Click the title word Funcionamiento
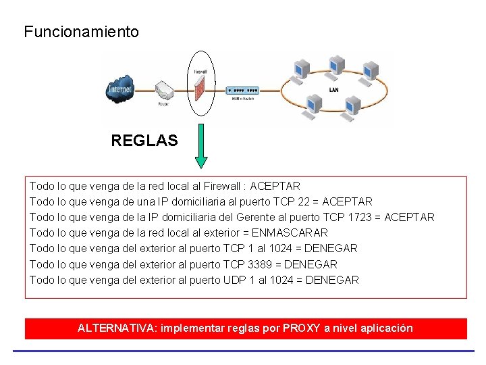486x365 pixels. (x=81, y=32)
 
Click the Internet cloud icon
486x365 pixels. (x=120, y=90)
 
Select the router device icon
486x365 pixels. (x=165, y=91)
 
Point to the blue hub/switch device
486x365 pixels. (x=242, y=91)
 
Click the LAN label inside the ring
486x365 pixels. (x=333, y=89)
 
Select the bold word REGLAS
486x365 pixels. (x=144, y=141)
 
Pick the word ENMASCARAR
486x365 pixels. (x=290, y=233)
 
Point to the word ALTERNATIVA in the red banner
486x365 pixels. (x=115, y=328)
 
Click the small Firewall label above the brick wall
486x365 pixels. (x=200, y=71)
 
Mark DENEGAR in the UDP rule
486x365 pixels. (x=332, y=280)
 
